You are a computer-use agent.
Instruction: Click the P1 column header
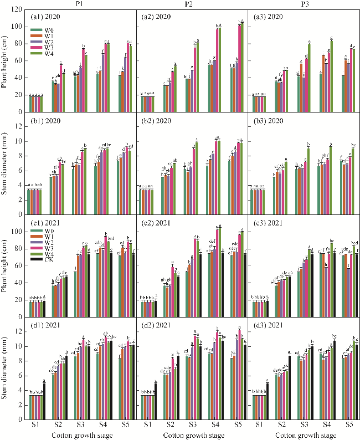pyautogui.click(x=81, y=4)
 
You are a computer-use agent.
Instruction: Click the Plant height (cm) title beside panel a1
pyautogui.click(x=5, y=61)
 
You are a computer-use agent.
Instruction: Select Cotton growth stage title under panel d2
pyautogui.click(x=192, y=435)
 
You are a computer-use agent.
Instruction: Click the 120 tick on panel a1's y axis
pyautogui.click(x=17, y=10)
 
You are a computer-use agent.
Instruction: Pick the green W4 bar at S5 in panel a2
pyautogui.click(x=243, y=68)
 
